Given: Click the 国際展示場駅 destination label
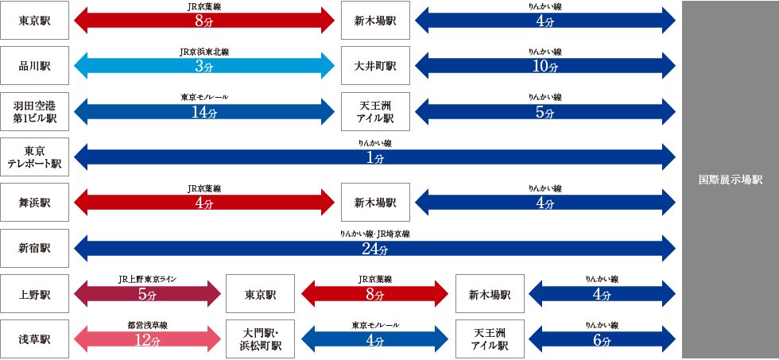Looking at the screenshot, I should (x=730, y=180).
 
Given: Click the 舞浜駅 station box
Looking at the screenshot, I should (x=35, y=203).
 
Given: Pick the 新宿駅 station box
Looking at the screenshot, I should (x=35, y=248).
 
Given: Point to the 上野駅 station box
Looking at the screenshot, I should (x=35, y=294).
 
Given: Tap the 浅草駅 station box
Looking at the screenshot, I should (x=35, y=339).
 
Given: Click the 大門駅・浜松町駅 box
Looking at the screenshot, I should (x=260, y=339).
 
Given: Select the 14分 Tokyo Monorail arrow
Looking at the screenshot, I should (x=204, y=112).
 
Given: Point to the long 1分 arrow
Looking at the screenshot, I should (x=374, y=157).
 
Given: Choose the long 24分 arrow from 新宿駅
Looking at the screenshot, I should (x=374, y=249).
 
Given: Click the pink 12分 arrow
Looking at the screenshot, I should (x=147, y=339).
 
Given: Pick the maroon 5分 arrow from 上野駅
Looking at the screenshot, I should (x=147, y=294).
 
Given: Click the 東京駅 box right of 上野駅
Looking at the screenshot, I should (x=260, y=294).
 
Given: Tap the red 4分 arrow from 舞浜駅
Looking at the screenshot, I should (x=204, y=203).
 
